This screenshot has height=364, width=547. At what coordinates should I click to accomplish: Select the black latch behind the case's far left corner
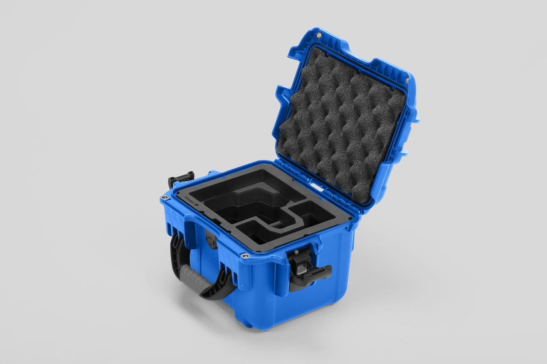[x=181, y=178]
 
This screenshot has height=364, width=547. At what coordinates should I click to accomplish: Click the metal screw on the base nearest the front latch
[x=245, y=256]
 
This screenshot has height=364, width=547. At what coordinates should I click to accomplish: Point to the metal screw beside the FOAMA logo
[x=164, y=198]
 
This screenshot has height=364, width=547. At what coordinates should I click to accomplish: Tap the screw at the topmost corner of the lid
[x=319, y=35]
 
